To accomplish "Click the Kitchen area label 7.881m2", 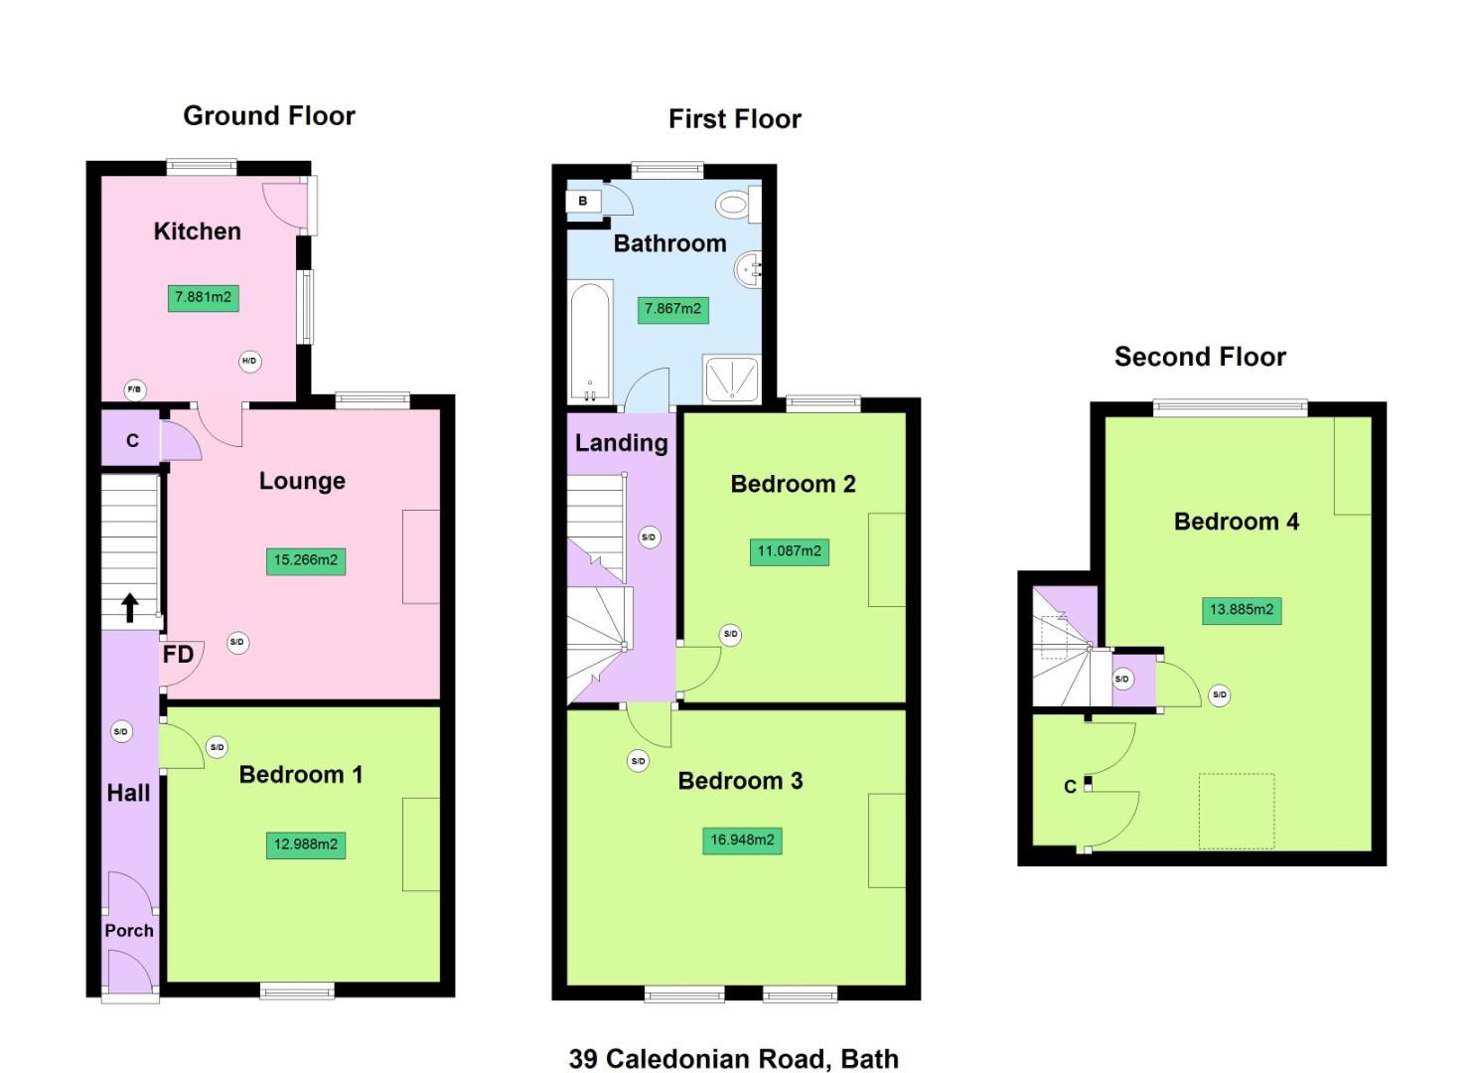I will [x=203, y=297].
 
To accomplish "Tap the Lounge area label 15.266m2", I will [x=306, y=560].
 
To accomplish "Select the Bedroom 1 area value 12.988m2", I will [x=306, y=844].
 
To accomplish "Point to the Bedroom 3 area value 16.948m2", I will [x=742, y=841].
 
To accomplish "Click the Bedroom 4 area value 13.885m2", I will [x=1242, y=610].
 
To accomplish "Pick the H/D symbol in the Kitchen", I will [x=249, y=361].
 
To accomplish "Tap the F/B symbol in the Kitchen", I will [x=134, y=390].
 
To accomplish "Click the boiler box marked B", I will [x=583, y=202].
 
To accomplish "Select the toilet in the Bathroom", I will [x=734, y=205].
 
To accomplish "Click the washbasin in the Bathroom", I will [x=748, y=268].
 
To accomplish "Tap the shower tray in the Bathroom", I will [x=731, y=380].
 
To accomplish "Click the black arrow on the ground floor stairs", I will [x=130, y=607].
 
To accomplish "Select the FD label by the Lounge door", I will [x=178, y=655].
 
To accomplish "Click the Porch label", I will [x=129, y=931].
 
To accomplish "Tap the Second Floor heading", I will [x=1200, y=357].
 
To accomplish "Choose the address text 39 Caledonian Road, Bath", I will [x=733, y=1059].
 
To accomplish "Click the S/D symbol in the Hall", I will [x=121, y=732].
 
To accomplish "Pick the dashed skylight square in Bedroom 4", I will [x=1237, y=812].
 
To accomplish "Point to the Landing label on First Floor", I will [x=621, y=443].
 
